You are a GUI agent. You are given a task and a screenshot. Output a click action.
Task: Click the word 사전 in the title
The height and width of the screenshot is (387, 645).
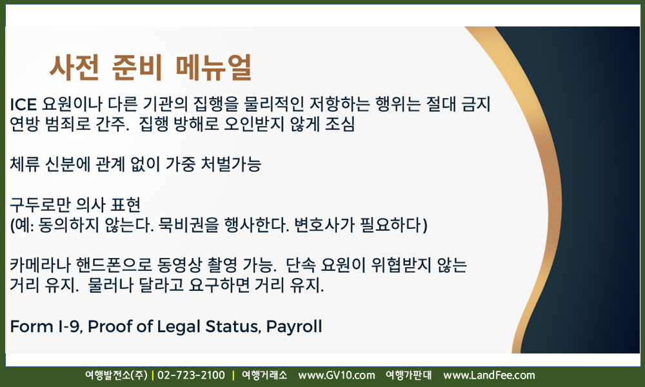point(74,67)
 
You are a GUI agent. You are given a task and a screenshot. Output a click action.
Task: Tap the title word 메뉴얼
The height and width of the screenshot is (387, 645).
point(213,67)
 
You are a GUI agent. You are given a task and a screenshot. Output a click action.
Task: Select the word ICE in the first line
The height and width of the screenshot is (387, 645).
point(23,104)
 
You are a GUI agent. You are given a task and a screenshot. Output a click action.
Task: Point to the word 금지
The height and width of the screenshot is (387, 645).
point(477,104)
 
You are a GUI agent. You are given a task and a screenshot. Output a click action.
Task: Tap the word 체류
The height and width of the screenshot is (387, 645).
point(25,164)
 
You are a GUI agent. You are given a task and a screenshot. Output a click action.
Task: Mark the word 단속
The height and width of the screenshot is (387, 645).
point(301,265)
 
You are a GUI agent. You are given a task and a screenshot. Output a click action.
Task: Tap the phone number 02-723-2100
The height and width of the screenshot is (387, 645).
point(192,375)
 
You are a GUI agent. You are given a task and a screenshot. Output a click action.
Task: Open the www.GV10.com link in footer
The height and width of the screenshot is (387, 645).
point(337,375)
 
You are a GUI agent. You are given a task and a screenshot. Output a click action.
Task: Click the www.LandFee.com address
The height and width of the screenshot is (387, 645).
point(489,375)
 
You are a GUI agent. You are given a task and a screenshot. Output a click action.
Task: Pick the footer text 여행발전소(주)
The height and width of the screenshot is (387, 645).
point(116,375)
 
